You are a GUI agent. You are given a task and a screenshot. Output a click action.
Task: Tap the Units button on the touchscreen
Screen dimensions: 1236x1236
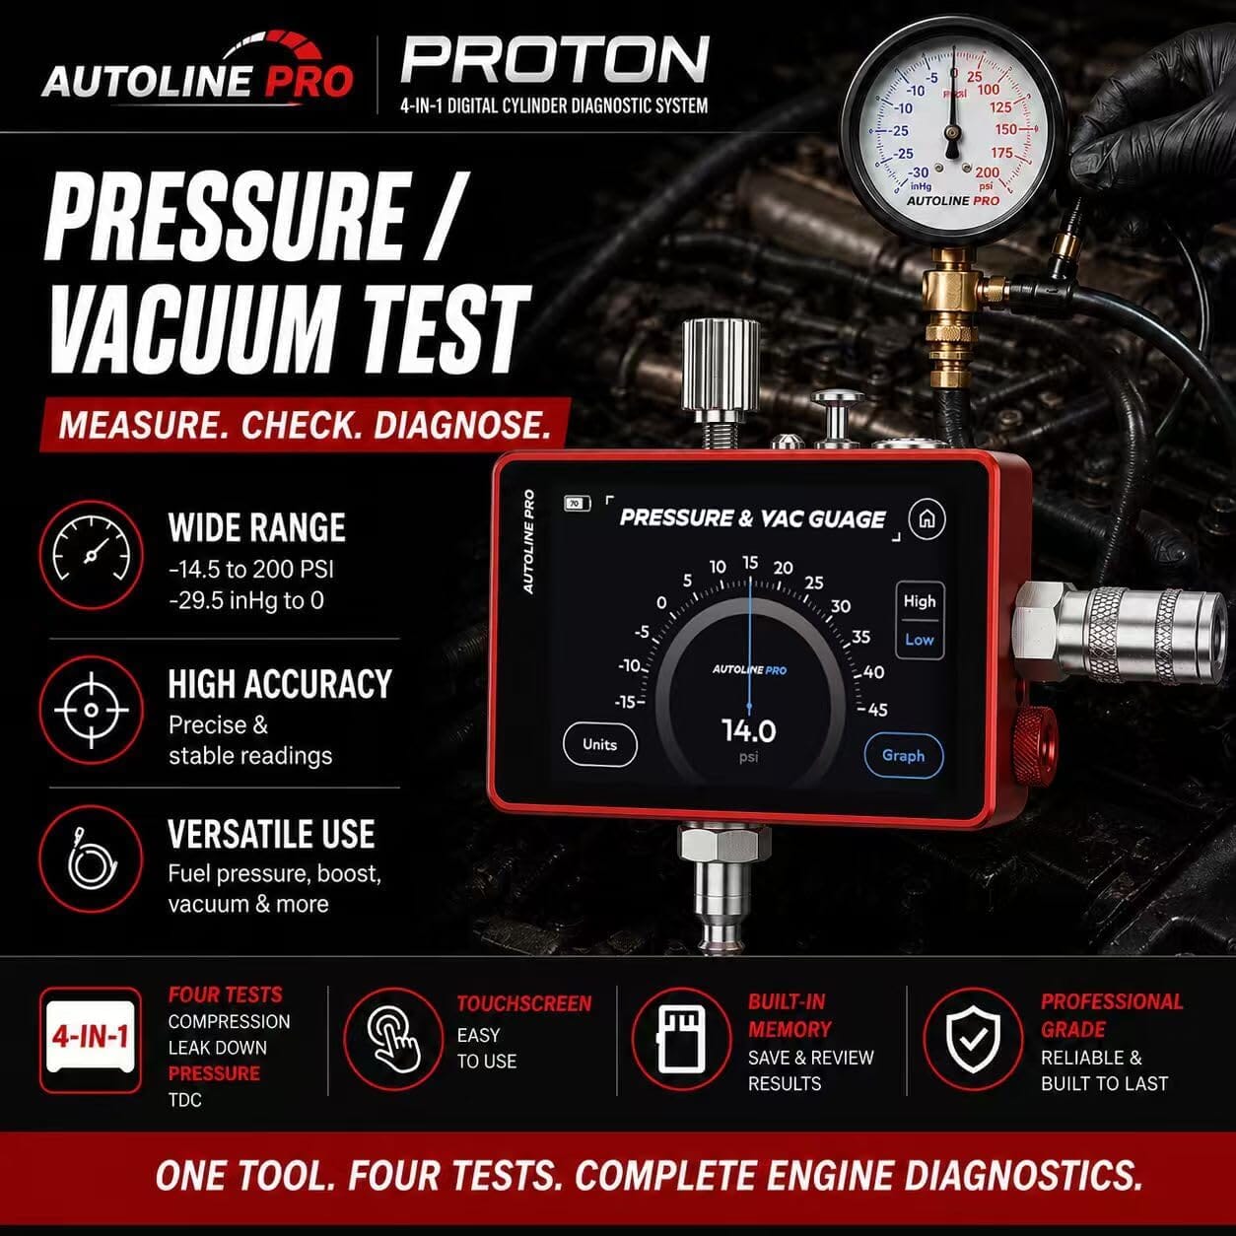[599, 745]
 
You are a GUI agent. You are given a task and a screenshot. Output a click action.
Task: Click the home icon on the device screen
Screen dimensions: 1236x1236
[927, 518]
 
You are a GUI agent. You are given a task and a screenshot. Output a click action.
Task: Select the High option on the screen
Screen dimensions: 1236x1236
[920, 601]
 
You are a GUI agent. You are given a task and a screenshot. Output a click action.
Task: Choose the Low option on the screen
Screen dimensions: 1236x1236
[920, 640]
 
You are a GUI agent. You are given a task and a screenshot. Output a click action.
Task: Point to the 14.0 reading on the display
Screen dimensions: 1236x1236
[748, 730]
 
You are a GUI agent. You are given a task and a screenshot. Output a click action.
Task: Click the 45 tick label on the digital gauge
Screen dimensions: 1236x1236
[877, 710]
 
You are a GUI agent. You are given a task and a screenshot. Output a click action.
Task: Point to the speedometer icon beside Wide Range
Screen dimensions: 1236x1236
[91, 555]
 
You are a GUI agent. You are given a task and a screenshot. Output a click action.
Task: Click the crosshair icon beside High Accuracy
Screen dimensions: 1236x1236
[91, 710]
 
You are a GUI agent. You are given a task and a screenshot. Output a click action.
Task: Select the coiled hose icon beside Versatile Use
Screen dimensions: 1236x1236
[91, 858]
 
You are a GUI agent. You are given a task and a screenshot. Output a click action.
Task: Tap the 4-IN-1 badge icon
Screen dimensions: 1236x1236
[91, 1037]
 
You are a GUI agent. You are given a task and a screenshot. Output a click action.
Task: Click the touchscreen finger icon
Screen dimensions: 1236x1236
[393, 1038]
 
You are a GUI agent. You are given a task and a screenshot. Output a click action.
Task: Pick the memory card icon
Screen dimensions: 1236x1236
[681, 1038]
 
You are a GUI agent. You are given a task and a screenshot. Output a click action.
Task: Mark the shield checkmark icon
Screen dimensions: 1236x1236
[973, 1038]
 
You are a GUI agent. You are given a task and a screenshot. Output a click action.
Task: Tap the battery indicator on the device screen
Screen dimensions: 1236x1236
[577, 504]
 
